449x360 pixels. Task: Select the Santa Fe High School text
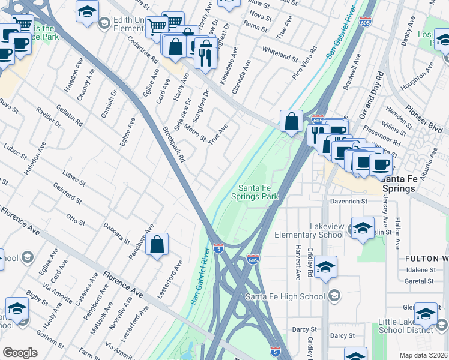[x=285, y=296]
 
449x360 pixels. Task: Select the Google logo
[x=20, y=353]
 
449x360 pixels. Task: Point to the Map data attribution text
[x=424, y=355]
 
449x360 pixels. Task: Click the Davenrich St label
[x=347, y=200]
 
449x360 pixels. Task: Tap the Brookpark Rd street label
[x=174, y=145]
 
